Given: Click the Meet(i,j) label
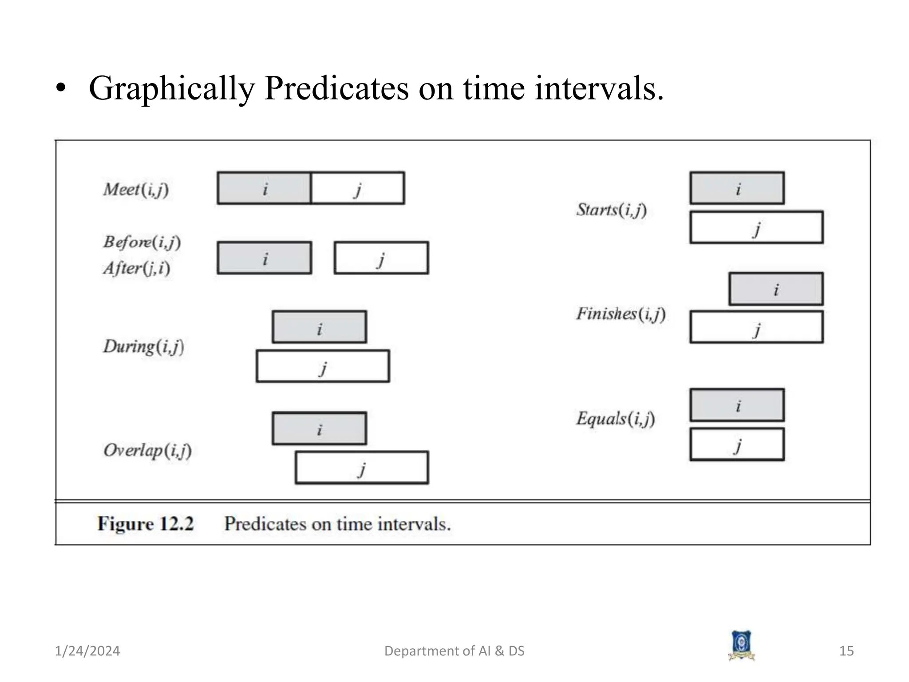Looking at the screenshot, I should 136,190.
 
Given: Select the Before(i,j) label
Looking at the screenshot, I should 142,242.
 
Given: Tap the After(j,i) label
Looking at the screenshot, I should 136,268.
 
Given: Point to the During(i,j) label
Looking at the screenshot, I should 143,346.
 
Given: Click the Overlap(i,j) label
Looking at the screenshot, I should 147,451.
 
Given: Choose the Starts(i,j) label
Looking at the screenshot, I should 611,210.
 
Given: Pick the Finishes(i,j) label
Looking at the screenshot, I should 620,314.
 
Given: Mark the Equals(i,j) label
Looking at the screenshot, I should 615,418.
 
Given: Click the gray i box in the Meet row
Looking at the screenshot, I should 264,188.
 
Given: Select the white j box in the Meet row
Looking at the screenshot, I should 358,188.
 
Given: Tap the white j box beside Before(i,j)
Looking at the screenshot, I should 381,258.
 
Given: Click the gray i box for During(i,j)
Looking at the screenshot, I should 319,327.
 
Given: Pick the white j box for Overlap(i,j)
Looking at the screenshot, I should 362,468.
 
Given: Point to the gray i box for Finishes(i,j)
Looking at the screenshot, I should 776,289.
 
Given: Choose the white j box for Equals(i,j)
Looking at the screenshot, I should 737,444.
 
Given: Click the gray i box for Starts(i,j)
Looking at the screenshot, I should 737,188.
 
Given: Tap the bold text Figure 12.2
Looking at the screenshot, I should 146,524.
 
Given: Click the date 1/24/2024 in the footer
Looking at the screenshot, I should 87,651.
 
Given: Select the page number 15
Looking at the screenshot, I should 846,651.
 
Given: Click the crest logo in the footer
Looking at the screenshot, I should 741,646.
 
